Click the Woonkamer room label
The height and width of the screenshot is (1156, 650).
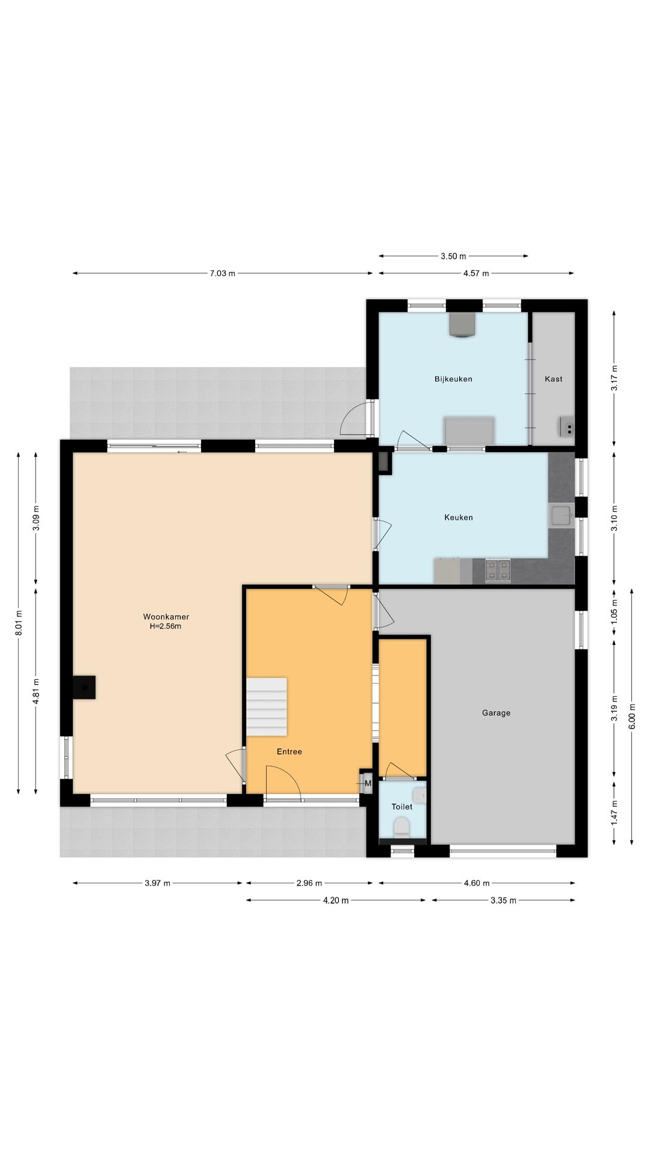click(166, 617)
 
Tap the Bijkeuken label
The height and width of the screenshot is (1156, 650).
click(453, 379)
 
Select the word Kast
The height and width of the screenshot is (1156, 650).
click(554, 379)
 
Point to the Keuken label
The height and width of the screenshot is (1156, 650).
click(459, 517)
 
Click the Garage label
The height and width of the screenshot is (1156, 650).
click(496, 713)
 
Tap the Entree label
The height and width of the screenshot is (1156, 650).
click(289, 751)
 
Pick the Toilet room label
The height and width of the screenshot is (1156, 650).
click(402, 807)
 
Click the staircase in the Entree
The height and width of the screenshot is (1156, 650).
click(267, 706)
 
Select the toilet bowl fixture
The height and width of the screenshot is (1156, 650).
click(401, 827)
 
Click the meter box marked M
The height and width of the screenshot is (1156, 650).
click(367, 783)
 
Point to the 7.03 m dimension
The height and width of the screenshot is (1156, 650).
click(223, 273)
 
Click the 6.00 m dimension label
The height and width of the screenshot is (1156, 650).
click(632, 716)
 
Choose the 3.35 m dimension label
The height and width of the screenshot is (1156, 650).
click(504, 901)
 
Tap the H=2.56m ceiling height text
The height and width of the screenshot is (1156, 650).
click(166, 626)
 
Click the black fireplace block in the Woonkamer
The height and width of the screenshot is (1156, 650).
click(84, 688)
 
